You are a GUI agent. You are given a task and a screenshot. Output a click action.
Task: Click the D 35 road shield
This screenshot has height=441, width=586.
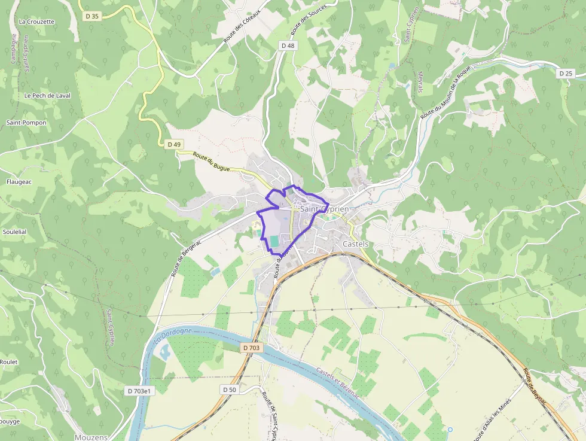pyautogui.click(x=92, y=16)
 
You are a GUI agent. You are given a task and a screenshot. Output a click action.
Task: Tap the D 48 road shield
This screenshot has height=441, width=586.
pyautogui.click(x=288, y=45)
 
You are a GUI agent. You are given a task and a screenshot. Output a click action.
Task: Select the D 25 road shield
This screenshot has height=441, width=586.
pyautogui.click(x=565, y=73)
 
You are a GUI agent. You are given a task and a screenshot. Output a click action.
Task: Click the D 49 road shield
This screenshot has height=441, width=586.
pyautogui.click(x=174, y=144)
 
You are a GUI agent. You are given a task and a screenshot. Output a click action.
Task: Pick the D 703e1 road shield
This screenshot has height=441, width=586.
pyautogui.click(x=141, y=391)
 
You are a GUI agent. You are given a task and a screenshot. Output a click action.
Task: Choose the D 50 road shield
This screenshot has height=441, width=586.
pyautogui.click(x=230, y=390)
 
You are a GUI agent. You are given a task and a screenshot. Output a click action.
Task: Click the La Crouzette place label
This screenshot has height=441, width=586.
pyautogui.click(x=36, y=22)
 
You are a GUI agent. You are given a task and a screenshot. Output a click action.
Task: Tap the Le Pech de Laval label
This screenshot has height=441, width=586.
pyautogui.click(x=48, y=96)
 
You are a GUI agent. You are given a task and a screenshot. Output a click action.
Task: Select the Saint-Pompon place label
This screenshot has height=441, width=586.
pyautogui.click(x=26, y=123)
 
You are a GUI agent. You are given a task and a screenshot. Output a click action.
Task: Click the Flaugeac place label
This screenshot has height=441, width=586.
pyautogui.click(x=19, y=181)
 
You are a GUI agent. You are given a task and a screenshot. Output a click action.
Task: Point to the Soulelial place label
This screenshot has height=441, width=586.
pyautogui.click(x=15, y=232)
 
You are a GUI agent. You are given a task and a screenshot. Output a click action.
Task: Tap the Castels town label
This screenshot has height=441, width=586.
pyautogui.click(x=356, y=244)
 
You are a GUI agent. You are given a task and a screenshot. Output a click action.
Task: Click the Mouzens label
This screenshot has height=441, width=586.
pyautogui.click(x=91, y=437)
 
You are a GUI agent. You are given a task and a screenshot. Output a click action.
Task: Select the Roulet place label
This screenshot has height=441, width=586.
pyautogui.click(x=8, y=362)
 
